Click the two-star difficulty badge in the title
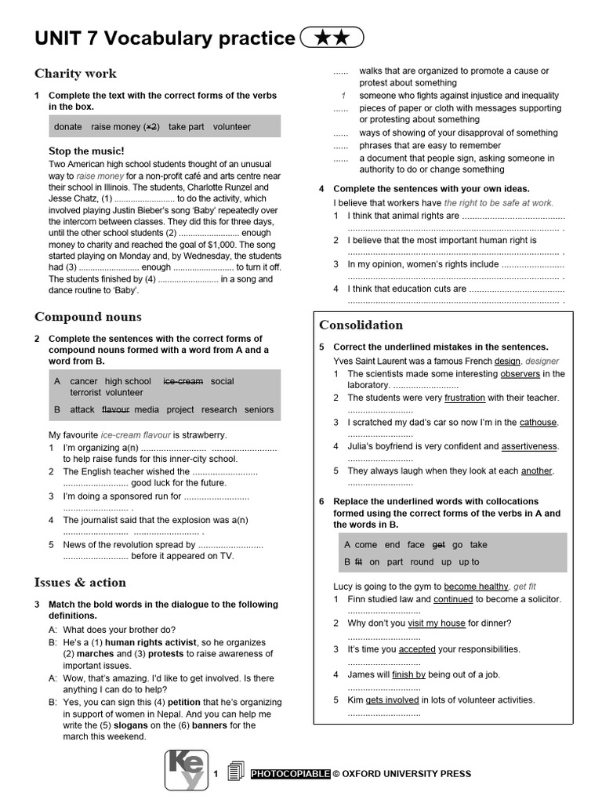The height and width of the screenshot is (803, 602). click(332, 37)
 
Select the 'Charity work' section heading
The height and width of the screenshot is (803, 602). click(75, 74)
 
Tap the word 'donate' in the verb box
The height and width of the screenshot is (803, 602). click(68, 126)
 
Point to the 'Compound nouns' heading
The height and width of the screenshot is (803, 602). click(88, 317)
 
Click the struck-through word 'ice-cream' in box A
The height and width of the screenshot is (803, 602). click(183, 381)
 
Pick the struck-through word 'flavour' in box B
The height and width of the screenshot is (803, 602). click(115, 409)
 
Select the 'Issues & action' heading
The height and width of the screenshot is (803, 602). click(80, 583)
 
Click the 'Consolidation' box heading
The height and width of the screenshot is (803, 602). click(361, 325)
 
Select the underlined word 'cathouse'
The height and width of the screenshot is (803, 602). click(538, 422)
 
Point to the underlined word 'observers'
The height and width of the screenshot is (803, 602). click(520, 374)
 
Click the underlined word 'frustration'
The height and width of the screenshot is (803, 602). click(465, 398)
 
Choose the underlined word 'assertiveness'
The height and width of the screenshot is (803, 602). click(529, 446)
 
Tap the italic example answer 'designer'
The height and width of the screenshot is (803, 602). click(542, 362)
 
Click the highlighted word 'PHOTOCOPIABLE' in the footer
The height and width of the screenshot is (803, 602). click(290, 774)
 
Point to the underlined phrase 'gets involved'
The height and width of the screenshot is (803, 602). click(392, 700)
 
